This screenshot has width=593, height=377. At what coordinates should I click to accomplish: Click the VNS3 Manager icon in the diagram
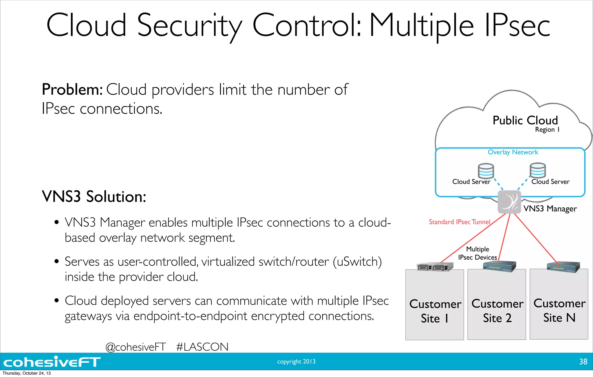pyautogui.click(x=509, y=202)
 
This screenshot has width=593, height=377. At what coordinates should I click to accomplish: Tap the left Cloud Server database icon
pyautogui.click(x=486, y=171)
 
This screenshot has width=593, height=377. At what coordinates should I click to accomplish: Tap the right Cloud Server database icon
pyautogui.click(x=538, y=170)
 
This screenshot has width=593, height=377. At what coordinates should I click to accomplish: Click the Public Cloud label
pyautogui.click(x=525, y=120)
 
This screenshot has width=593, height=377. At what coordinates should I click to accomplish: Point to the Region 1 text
pyautogui.click(x=547, y=130)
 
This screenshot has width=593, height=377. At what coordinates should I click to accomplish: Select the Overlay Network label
pyautogui.click(x=513, y=152)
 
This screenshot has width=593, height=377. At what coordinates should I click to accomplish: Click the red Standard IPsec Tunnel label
pyautogui.click(x=460, y=222)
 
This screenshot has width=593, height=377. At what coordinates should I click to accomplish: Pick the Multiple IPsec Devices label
pyautogui.click(x=477, y=253)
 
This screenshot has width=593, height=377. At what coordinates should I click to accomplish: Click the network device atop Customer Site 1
pyautogui.click(x=435, y=267)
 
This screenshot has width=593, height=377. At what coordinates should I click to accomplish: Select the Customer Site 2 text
pyautogui.click(x=497, y=311)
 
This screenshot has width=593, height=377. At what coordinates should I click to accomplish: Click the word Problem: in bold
pyautogui.click(x=72, y=89)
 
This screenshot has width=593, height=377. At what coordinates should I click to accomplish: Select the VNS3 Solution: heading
pyautogui.click(x=94, y=197)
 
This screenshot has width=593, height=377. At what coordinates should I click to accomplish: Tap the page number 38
pyautogui.click(x=583, y=362)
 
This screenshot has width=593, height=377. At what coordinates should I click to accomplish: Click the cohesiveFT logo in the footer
pyautogui.click(x=52, y=362)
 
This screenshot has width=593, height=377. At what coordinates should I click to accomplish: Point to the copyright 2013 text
pyautogui.click(x=296, y=361)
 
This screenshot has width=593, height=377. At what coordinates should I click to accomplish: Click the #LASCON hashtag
pyautogui.click(x=202, y=347)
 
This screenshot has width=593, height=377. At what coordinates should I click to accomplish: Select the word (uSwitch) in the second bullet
pyautogui.click(x=357, y=262)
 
